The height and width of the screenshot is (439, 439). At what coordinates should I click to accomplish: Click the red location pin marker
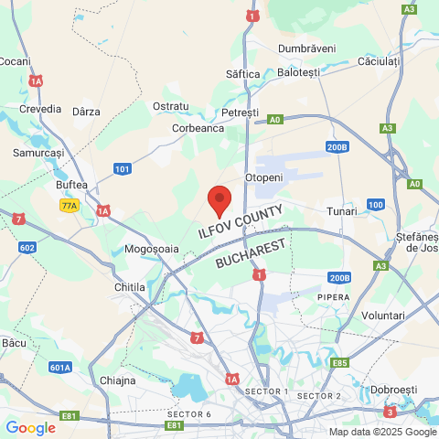click(219, 199)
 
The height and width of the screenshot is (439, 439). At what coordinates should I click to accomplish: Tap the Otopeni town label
click(264, 177)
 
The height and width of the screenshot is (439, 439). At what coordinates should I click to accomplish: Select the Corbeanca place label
click(198, 129)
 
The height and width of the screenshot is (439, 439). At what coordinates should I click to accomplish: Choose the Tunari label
click(342, 211)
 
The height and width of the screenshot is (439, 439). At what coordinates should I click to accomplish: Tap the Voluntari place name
click(383, 316)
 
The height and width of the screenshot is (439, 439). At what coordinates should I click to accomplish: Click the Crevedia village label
click(40, 108)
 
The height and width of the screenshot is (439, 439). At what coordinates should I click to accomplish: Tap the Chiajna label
click(117, 380)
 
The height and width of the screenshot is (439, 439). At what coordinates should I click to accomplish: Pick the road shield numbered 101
click(123, 168)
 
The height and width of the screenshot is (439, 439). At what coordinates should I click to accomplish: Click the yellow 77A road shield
click(70, 206)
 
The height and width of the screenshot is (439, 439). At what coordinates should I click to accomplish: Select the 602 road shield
click(27, 247)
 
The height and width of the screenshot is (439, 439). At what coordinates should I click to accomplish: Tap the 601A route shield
click(60, 368)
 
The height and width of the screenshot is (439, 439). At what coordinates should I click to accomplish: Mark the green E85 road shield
click(340, 363)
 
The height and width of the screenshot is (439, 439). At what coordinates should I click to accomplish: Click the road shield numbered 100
click(375, 204)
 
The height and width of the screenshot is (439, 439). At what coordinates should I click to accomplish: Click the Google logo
click(30, 427)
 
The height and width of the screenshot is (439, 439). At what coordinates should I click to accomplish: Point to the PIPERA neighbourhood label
click(333, 298)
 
